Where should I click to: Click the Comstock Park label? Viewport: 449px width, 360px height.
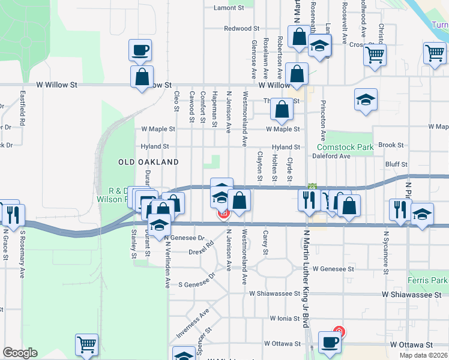(x=345, y=147)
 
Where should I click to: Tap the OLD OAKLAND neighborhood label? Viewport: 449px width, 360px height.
(x=148, y=163)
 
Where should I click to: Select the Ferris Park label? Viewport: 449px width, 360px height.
(x=430, y=280)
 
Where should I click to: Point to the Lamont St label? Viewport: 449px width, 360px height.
(x=229, y=8)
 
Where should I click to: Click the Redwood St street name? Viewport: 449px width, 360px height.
(x=241, y=28)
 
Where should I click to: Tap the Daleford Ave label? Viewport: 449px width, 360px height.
(x=331, y=156)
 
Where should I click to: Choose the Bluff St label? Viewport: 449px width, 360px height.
(x=396, y=164)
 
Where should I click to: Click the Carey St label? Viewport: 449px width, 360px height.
(x=265, y=241)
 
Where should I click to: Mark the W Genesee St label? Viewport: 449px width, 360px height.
(x=333, y=269)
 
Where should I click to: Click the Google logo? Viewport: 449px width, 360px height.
(x=20, y=353)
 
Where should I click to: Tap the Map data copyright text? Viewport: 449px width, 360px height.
(x=423, y=355)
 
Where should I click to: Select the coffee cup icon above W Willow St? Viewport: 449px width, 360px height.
(x=140, y=50)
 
